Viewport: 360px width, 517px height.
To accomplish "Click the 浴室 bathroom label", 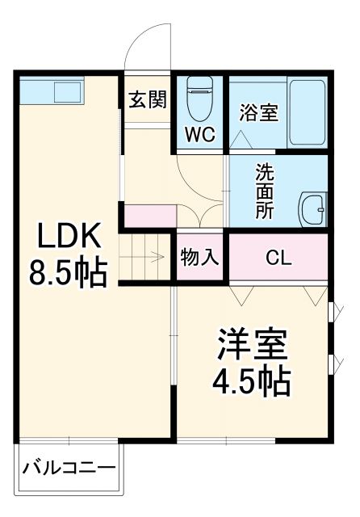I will (258, 113).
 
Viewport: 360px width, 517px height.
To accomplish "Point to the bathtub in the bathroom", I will (307, 113).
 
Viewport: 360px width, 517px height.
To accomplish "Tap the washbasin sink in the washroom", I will (312, 210).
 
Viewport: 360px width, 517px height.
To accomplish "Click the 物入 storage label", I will (199, 258).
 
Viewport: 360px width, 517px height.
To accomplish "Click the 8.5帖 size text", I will (69, 275).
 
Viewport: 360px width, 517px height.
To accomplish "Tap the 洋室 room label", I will (250, 345).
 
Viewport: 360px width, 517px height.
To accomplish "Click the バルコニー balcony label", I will (69, 469).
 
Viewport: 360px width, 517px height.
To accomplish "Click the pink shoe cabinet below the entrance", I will (150, 216).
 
